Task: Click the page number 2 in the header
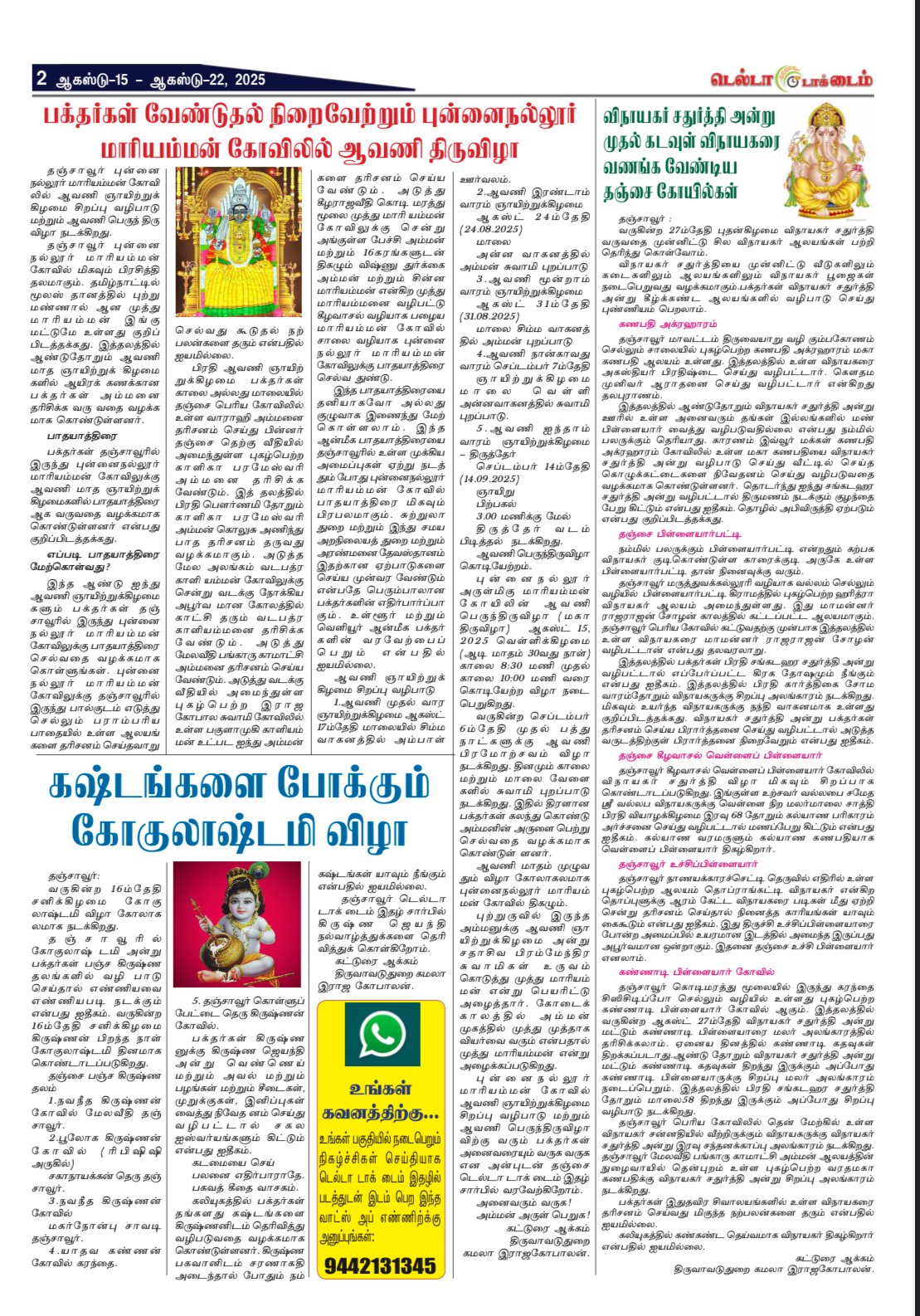pyautogui.click(x=41, y=79)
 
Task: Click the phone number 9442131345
pyautogui.click(x=380, y=1265)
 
